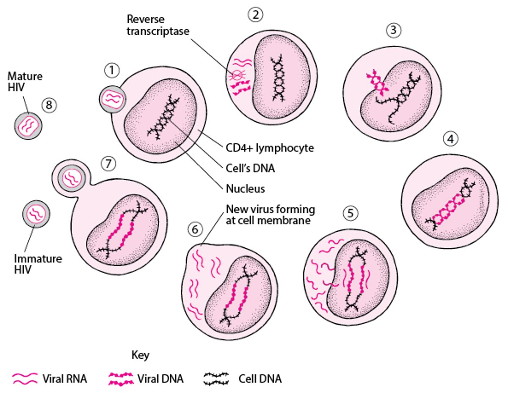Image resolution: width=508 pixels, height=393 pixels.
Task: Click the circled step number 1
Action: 112,71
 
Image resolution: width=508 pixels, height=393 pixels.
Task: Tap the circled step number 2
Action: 255,15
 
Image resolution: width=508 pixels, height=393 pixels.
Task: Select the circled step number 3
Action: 393,30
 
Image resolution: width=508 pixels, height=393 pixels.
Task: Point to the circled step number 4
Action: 451,139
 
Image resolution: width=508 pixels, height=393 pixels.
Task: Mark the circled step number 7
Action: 108,164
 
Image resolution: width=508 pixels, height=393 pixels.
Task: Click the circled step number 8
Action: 49,105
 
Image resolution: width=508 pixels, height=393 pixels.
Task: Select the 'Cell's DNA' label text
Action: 251,168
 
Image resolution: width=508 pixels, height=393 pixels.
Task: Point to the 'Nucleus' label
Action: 245,188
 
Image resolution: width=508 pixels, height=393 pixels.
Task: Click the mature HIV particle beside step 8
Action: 29,126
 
